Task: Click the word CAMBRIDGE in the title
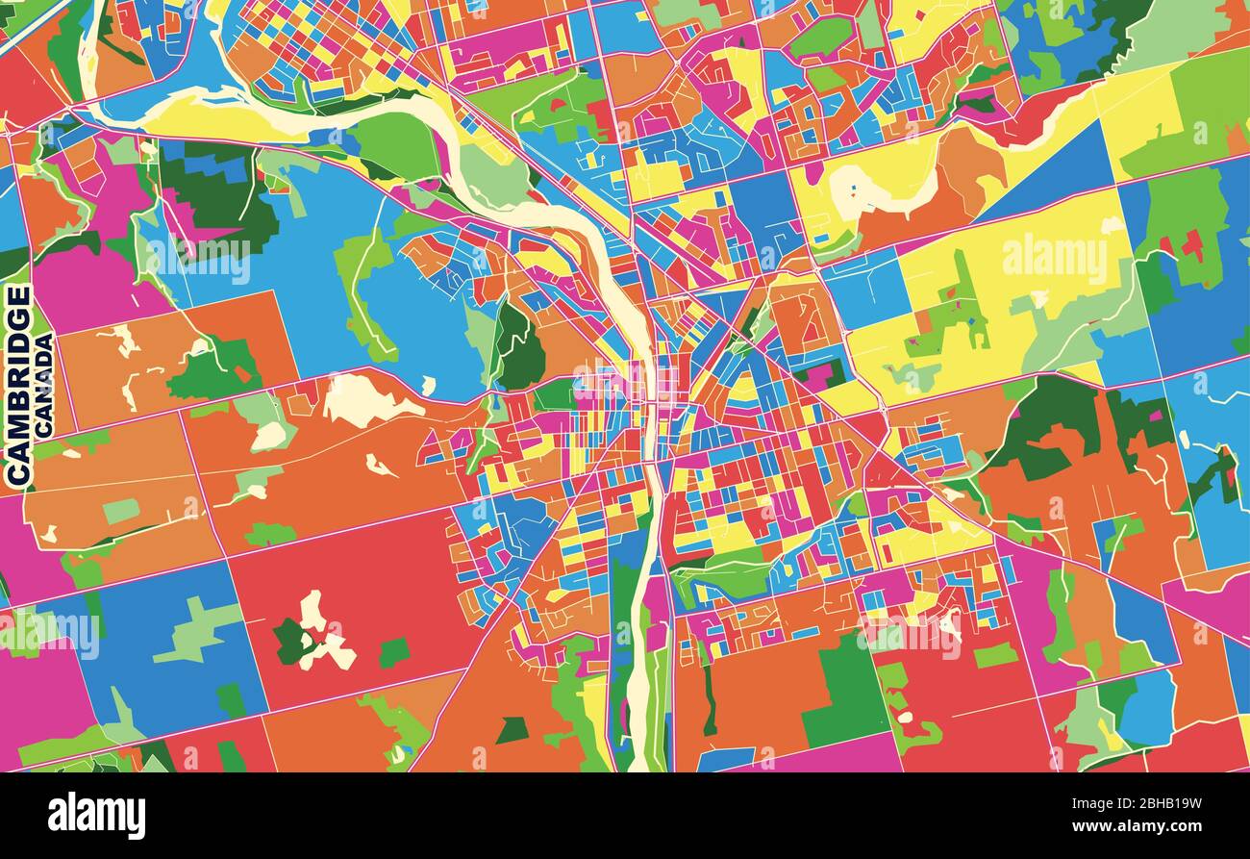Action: (x=18, y=385)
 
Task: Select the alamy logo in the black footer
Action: (x=96, y=816)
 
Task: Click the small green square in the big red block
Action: (x=393, y=652)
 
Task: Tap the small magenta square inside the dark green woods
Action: (x=819, y=374)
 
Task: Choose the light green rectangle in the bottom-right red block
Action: (x=995, y=655)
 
